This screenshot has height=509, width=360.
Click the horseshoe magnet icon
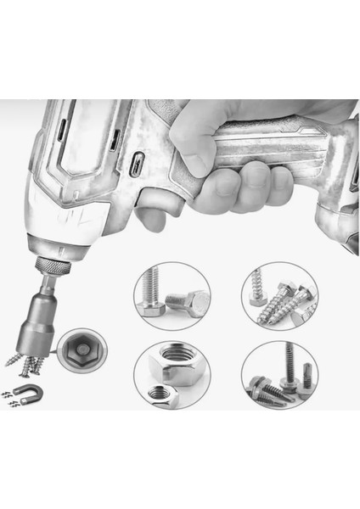(26, 391)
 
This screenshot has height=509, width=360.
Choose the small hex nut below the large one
(159, 392)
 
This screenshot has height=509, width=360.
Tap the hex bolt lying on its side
(187, 301)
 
